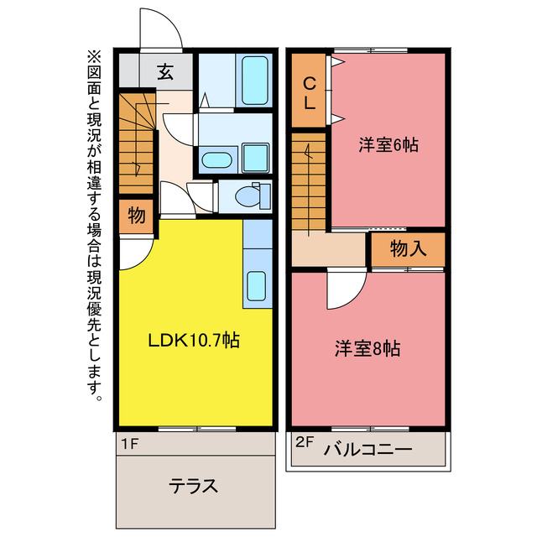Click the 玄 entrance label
165,72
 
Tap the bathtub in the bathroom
253,80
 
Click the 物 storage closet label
136,216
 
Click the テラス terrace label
194,486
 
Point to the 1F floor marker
128,442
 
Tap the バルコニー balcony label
368,450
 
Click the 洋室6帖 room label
388,144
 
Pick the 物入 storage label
408,249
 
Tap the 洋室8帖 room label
368,347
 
